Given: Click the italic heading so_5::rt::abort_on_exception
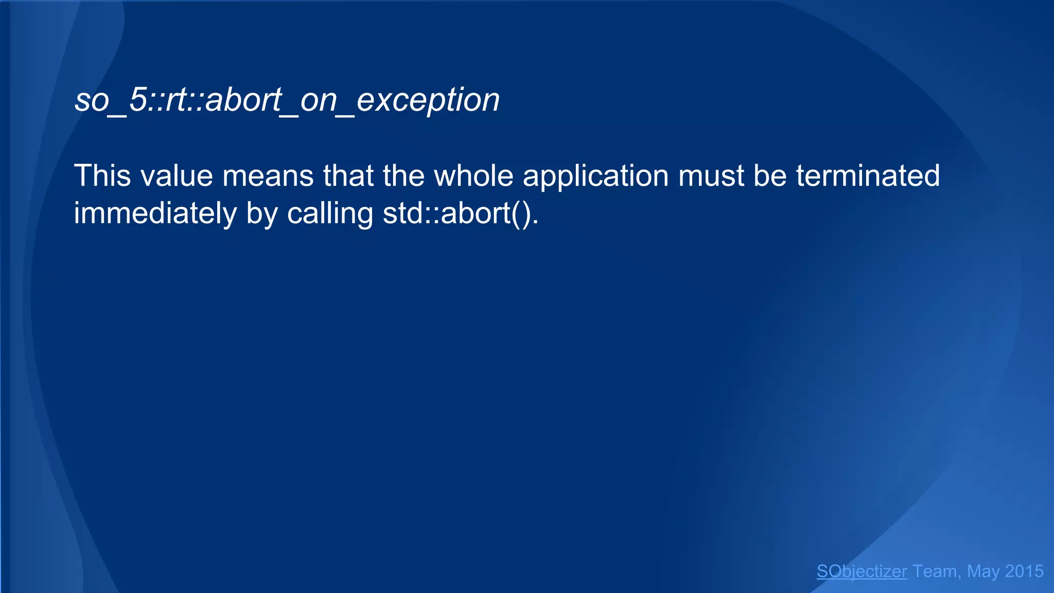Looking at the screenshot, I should coord(287,100).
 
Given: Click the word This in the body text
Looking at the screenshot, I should coord(103,176).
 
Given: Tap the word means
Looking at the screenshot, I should coord(268,176).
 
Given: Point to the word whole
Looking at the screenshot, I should coord(473,176).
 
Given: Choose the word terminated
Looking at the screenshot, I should coord(868,176).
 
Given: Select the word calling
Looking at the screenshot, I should coord(330,214).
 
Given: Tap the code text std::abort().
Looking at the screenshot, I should coord(461,214).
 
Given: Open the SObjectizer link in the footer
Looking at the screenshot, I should coord(862,571).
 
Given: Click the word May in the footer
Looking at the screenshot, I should coord(983,571).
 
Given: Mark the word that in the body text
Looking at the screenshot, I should coord(348,176).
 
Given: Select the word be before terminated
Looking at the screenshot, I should coord(770,176).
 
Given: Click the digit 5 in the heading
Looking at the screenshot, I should coord(138,100).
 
